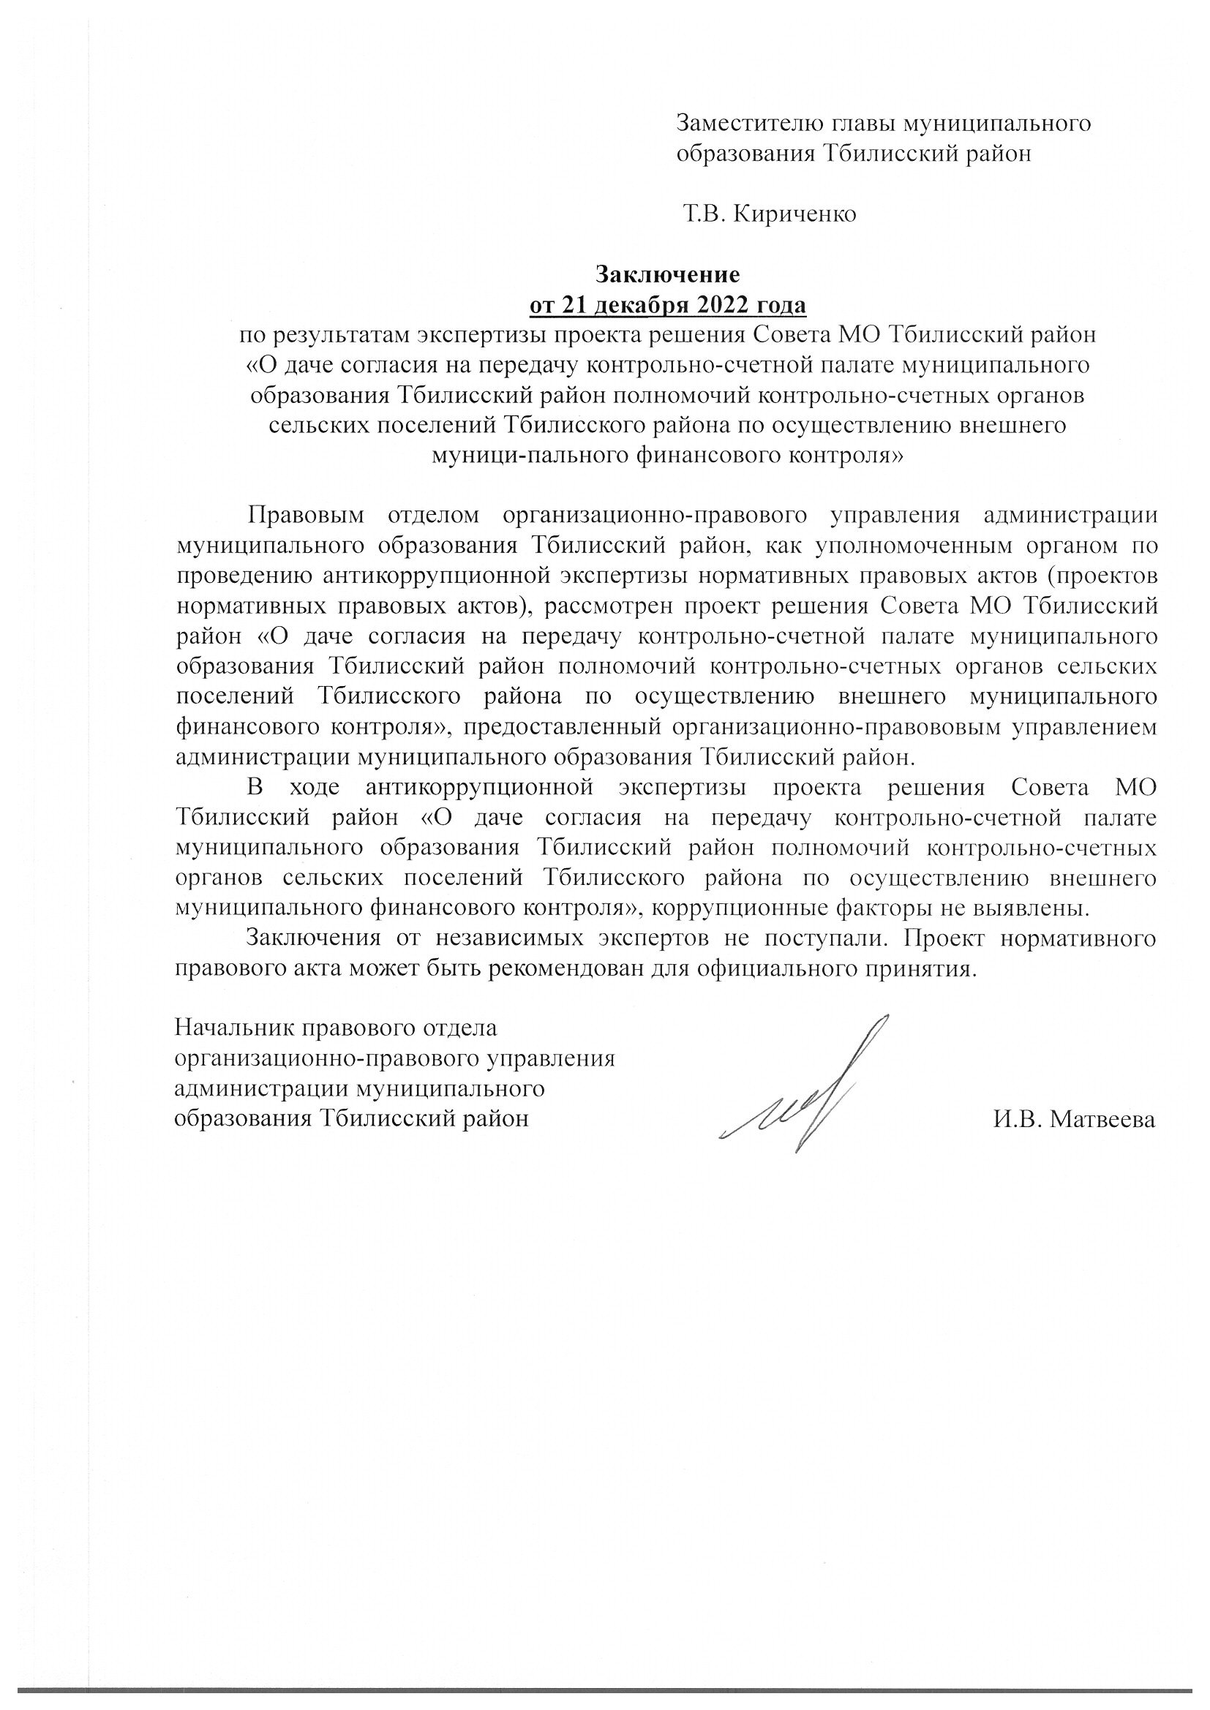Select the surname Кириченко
coord(795,214)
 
